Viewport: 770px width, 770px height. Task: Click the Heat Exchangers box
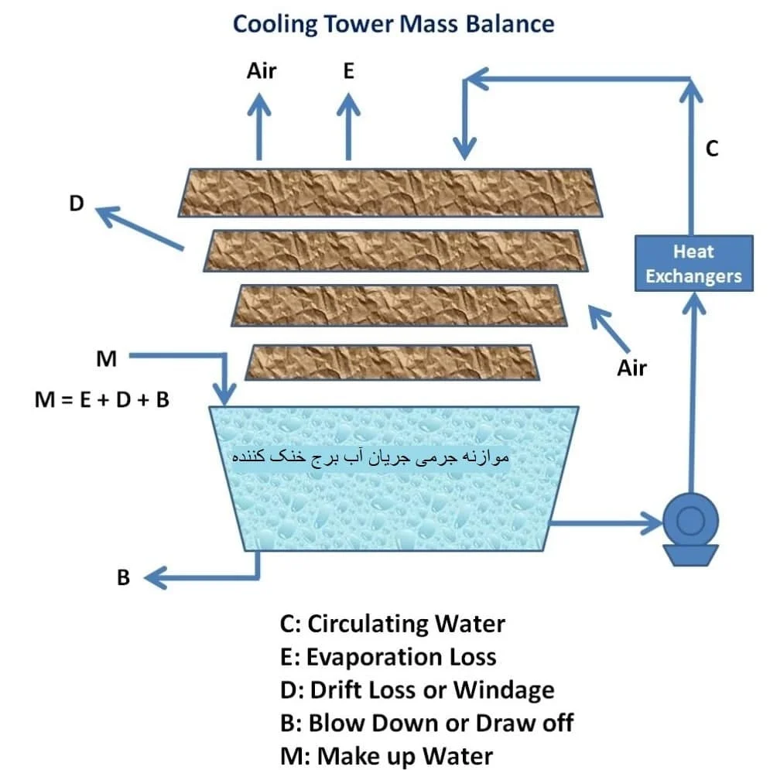(x=693, y=264)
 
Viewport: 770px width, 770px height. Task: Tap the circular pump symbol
(x=690, y=521)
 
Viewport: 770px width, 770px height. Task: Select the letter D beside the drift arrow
(x=77, y=204)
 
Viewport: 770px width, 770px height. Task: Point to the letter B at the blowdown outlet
(x=123, y=577)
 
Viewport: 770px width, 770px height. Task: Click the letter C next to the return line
(x=711, y=149)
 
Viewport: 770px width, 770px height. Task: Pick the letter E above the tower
(x=349, y=71)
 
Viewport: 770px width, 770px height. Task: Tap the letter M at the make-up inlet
(x=107, y=359)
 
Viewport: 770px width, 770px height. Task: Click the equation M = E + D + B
(x=102, y=400)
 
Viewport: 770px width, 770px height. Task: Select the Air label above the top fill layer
(x=262, y=71)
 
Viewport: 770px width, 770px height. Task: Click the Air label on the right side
(x=631, y=368)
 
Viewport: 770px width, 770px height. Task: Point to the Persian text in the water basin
(x=370, y=457)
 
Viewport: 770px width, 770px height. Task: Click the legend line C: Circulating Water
(x=392, y=625)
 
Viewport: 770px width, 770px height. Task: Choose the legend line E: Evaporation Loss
(x=388, y=657)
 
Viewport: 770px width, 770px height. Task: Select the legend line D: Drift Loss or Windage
(x=417, y=690)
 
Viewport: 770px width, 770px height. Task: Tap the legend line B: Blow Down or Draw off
(x=426, y=724)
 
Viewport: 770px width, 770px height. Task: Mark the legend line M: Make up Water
(x=386, y=756)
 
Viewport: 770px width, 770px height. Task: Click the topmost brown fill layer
(x=390, y=193)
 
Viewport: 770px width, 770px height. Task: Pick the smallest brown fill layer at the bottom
(x=392, y=362)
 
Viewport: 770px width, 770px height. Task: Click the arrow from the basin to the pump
(x=605, y=522)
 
